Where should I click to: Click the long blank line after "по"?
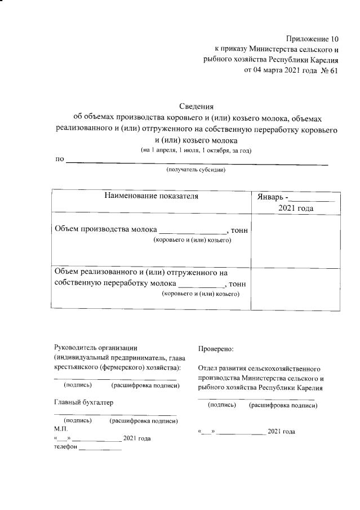tap(197, 163)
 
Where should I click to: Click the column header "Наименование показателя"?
tap(152, 196)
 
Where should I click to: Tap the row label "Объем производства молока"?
tap(105, 229)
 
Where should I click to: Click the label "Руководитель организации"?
tap(95, 348)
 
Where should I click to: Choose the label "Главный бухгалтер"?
tap(83, 402)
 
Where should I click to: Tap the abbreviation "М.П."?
tap(60, 429)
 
